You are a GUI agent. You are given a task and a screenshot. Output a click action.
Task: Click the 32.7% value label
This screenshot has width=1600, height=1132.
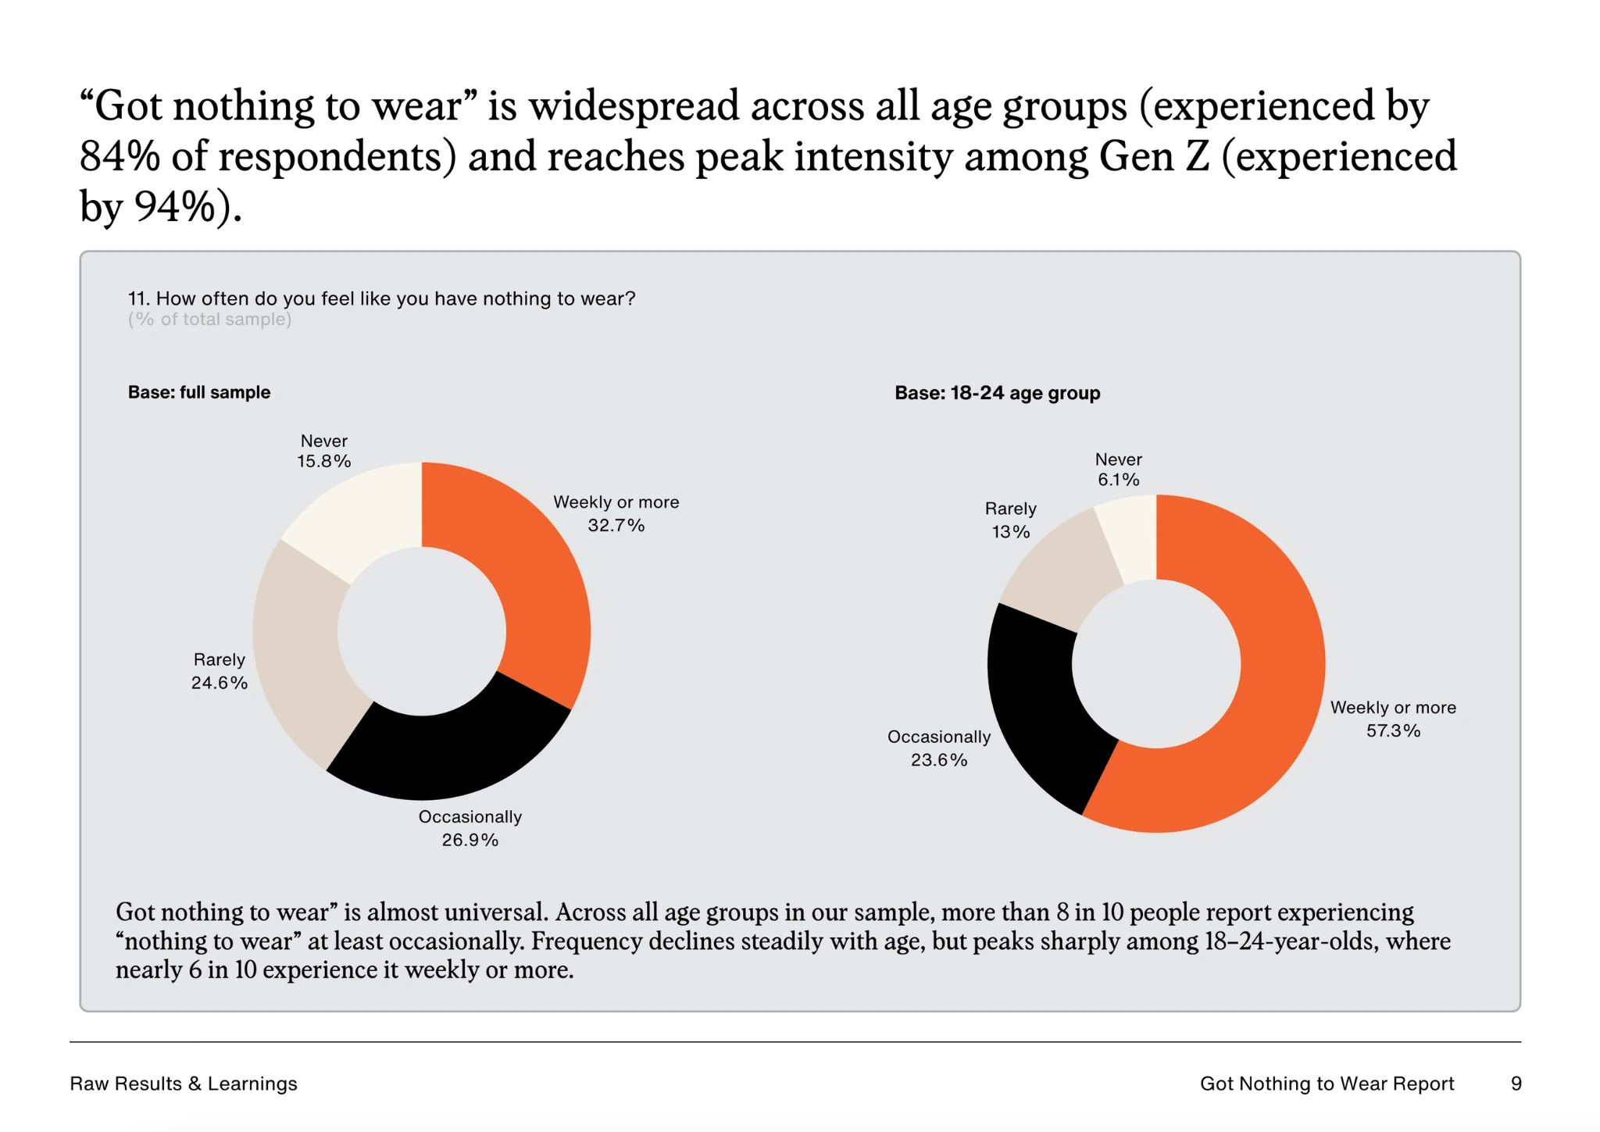click(616, 525)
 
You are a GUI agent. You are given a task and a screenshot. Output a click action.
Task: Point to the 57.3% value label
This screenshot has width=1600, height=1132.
click(1393, 730)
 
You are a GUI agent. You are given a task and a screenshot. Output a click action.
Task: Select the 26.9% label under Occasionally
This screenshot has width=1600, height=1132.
click(470, 840)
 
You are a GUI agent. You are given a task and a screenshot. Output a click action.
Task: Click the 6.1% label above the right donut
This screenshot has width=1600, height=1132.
click(1118, 480)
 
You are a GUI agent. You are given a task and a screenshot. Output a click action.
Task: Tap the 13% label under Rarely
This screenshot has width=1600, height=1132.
click(1010, 532)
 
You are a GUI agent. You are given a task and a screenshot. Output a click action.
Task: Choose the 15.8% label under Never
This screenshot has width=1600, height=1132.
click(323, 461)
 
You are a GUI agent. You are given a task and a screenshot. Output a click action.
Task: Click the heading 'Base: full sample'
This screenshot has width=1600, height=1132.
click(199, 392)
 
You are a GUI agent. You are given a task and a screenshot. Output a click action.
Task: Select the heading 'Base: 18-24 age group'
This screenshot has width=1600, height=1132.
click(997, 393)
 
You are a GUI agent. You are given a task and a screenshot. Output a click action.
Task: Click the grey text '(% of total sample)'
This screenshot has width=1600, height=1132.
click(209, 320)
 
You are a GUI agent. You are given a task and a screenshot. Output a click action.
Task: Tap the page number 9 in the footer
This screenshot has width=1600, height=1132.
click(1516, 1084)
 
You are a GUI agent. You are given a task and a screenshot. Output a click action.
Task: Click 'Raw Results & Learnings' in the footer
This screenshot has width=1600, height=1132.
click(184, 1084)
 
